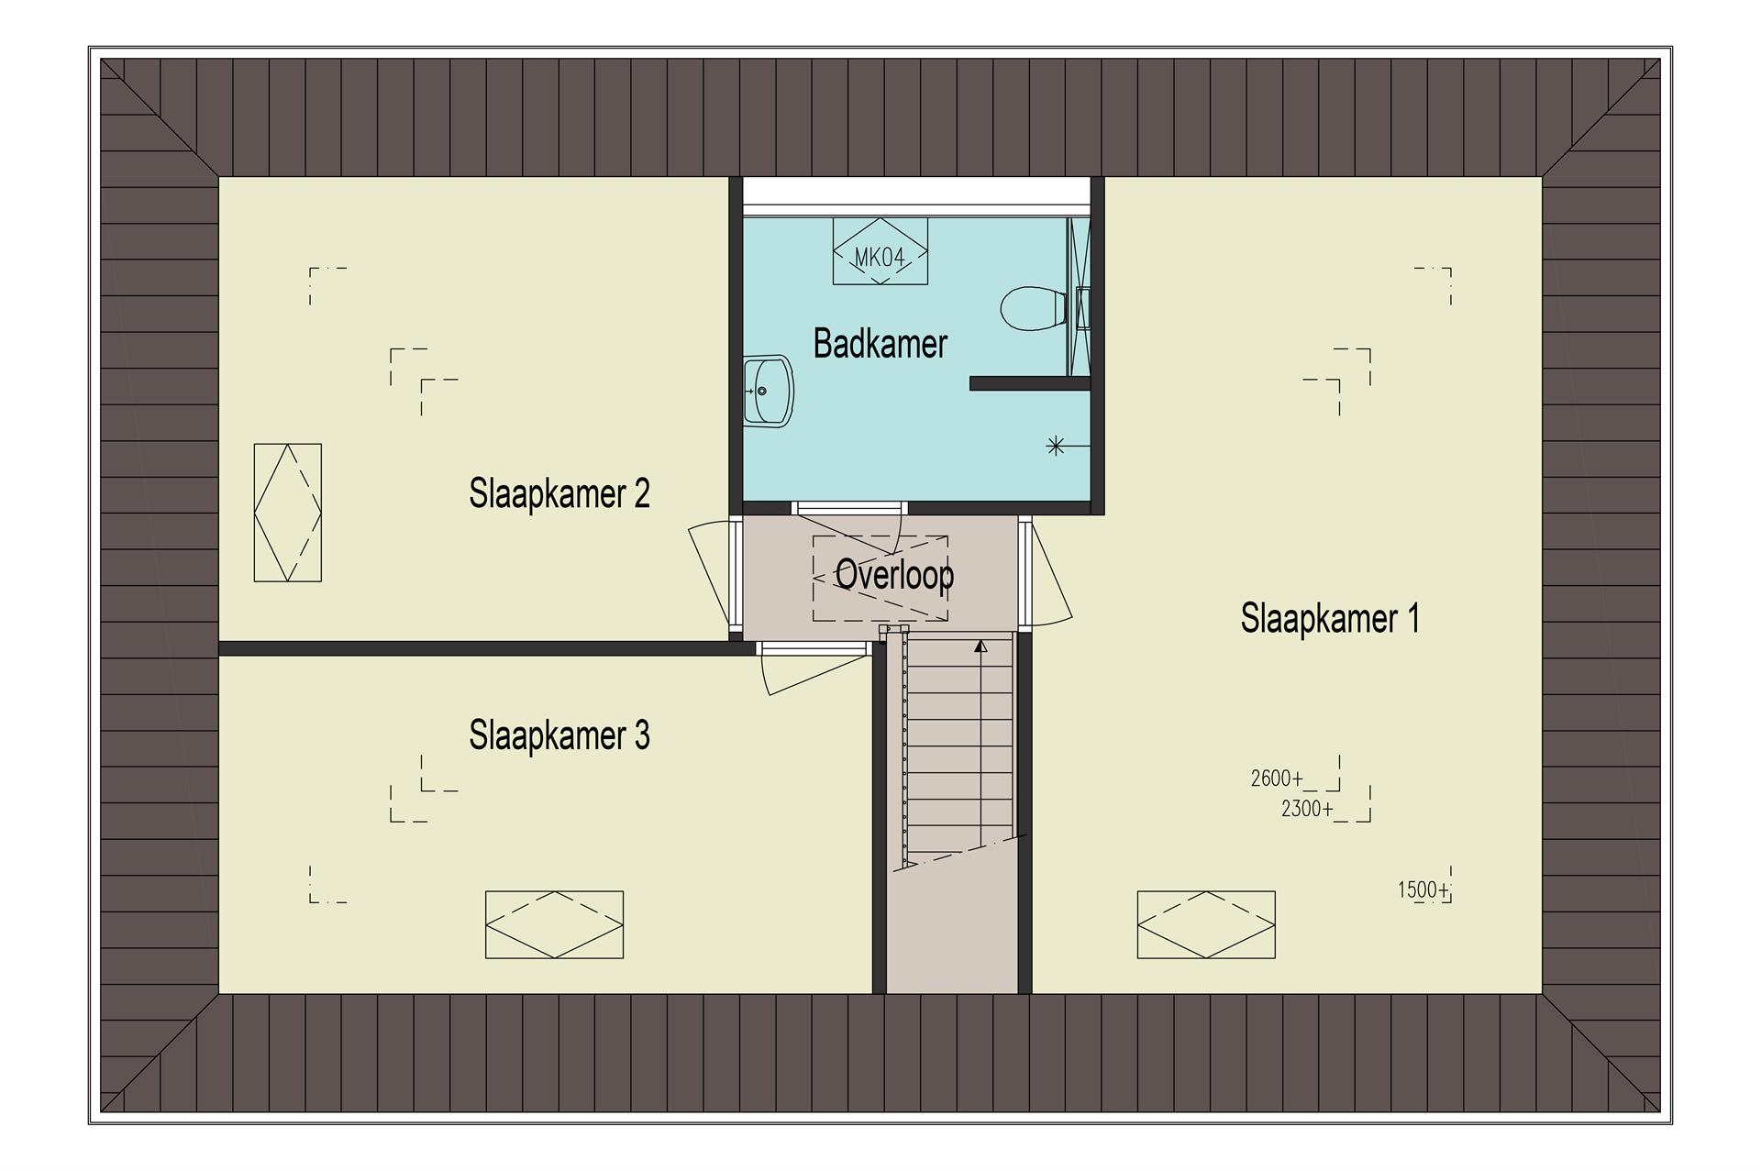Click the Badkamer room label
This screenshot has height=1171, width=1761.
pyautogui.click(x=880, y=344)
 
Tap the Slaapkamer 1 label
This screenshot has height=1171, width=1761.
pyautogui.click(x=1330, y=618)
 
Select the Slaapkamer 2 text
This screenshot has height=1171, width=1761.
pyautogui.click(x=559, y=493)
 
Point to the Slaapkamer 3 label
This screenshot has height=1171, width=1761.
pyautogui.click(x=559, y=735)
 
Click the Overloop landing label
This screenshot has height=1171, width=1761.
pyautogui.click(x=894, y=575)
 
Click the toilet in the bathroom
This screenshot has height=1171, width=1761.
pyautogui.click(x=1033, y=307)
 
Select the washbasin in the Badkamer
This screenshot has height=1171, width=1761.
pyautogui.click(x=767, y=391)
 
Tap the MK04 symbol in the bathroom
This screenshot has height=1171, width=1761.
pyautogui.click(x=880, y=250)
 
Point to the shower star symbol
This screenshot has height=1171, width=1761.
pyautogui.click(x=1056, y=447)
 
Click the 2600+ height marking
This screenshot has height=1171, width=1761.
pyautogui.click(x=1277, y=779)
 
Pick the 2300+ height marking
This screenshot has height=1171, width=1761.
pyautogui.click(x=1307, y=809)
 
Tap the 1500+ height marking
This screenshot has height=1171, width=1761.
pyautogui.click(x=1424, y=889)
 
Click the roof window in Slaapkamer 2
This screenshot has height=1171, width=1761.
pyautogui.click(x=288, y=513)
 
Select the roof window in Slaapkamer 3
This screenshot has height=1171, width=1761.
pyautogui.click(x=554, y=924)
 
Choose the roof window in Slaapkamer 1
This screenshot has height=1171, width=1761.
pyautogui.click(x=1206, y=924)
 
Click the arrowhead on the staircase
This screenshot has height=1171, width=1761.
pyautogui.click(x=980, y=646)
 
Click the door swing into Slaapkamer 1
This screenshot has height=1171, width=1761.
pyautogui.click(x=1053, y=573)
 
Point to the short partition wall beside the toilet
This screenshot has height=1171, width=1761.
pyautogui.click(x=1030, y=384)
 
